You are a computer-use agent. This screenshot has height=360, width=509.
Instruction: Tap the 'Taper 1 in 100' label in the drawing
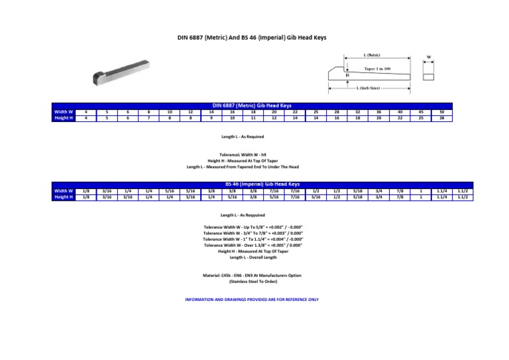click(378, 68)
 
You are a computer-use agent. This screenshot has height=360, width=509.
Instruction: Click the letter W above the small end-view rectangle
click(429, 56)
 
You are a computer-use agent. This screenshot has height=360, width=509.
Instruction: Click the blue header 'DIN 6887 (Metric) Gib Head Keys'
click(252, 105)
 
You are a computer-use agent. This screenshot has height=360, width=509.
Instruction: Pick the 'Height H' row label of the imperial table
click(63, 197)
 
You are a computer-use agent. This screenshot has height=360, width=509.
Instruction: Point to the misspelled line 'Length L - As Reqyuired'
click(243, 215)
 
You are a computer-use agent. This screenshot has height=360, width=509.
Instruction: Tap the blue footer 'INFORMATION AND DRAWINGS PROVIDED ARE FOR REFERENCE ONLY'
click(252, 299)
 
